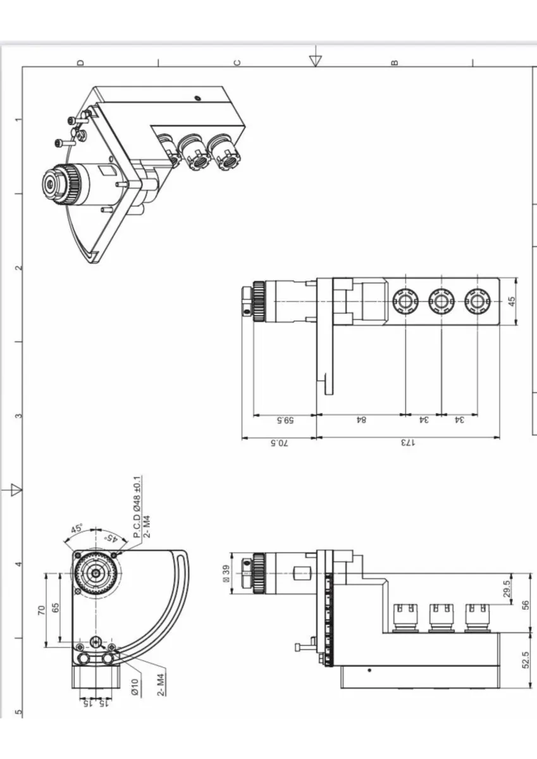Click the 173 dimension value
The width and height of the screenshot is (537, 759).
coord(408,443)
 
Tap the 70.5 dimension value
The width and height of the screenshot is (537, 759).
coord(279,443)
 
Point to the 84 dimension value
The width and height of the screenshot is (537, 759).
coord(361,420)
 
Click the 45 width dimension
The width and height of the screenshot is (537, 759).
coord(512,301)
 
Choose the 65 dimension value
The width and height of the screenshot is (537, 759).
coord(56,608)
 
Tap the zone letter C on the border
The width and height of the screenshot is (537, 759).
coord(237,63)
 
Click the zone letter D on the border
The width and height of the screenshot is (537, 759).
coord(80,63)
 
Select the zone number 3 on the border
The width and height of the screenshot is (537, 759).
coord(19,416)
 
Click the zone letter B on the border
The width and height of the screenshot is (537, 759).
coord(394,63)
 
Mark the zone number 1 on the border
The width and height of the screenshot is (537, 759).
coord(19,120)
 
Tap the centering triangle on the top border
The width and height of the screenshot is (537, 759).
coord(316,61)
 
